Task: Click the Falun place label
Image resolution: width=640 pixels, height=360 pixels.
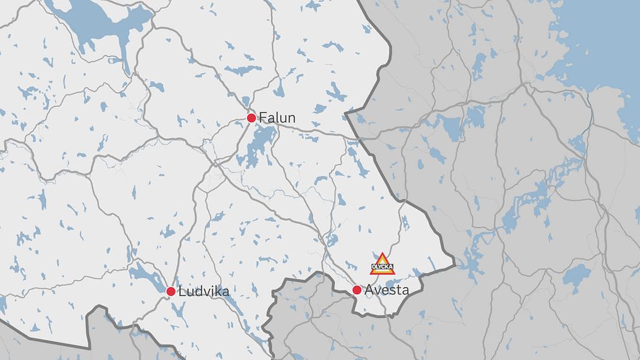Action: click(x=277, y=117)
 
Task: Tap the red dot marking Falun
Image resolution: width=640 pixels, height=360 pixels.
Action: click(x=252, y=118)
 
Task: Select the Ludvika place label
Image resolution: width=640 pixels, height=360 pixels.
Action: click(x=203, y=292)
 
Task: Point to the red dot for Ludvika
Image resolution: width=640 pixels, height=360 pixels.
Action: click(x=171, y=292)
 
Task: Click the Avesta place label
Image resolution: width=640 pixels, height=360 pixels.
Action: click(x=386, y=290)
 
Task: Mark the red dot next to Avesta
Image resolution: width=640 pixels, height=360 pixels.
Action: click(x=357, y=290)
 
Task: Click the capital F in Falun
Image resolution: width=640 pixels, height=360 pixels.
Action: click(x=263, y=117)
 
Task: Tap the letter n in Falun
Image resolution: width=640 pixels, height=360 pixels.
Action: click(x=291, y=119)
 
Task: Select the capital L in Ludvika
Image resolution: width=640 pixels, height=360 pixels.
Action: click(x=182, y=292)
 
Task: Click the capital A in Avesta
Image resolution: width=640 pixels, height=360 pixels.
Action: click(x=370, y=290)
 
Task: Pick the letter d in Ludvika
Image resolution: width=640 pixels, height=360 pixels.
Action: click(x=197, y=292)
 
